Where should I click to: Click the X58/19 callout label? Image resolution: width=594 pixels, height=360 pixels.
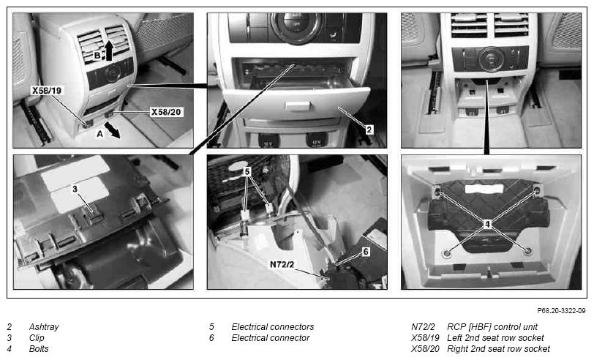47,90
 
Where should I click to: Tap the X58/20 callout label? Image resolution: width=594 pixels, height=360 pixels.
166,112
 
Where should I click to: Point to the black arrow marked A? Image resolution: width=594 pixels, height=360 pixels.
113,130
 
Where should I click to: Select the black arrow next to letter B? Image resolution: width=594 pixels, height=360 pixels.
109,50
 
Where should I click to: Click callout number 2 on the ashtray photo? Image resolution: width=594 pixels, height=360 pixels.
369,130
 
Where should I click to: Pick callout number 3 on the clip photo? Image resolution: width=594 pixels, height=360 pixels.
75,188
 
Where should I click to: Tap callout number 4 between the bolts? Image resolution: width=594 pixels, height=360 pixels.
487,225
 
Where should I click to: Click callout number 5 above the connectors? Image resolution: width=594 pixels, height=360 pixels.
247,172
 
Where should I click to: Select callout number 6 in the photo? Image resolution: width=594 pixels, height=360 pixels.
366,252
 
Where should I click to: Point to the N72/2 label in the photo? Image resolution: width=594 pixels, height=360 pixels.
282,264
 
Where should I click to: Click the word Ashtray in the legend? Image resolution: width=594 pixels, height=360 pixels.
44,326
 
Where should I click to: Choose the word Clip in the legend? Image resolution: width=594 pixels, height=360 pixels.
37,337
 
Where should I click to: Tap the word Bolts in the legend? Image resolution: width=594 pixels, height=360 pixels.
39,348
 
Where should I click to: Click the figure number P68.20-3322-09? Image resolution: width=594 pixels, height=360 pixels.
561,311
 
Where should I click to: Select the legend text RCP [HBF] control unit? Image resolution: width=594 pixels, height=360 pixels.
492,326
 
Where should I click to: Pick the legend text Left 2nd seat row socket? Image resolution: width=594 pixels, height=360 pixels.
495,337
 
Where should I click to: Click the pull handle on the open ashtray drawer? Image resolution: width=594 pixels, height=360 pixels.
298,106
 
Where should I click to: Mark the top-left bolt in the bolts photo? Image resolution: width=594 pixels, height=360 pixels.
437,191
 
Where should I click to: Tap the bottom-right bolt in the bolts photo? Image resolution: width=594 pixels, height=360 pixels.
527,251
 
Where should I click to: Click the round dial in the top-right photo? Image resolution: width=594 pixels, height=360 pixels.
491,59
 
